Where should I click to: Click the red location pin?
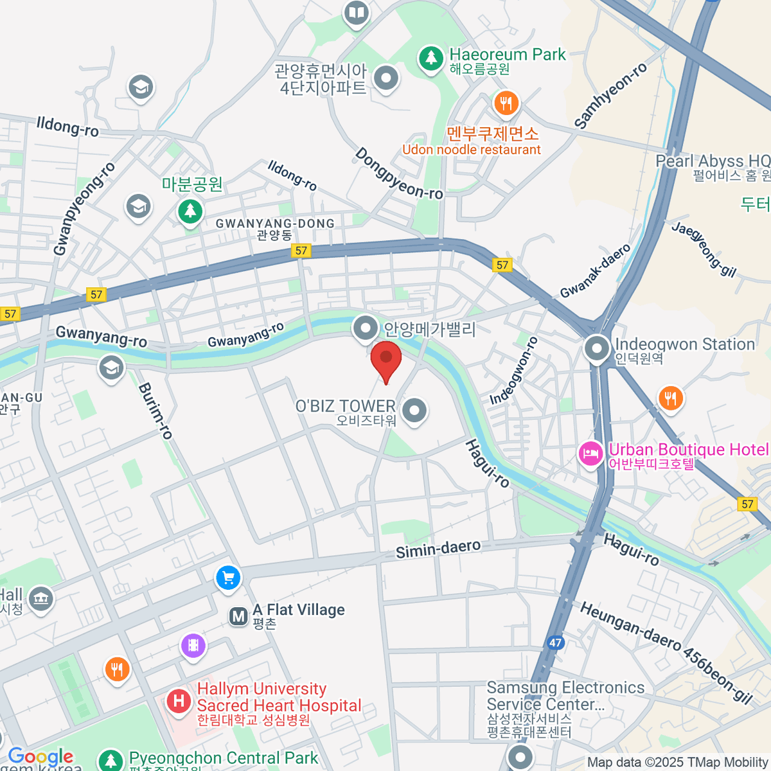pos(386,360)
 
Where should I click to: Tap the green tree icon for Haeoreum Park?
pos(431,58)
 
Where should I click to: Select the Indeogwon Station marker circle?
pos(597,349)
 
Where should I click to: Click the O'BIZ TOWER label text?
pos(346,406)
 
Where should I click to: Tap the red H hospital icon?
pos(179,700)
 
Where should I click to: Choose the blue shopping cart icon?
pos(228,578)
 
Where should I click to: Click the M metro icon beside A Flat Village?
pos(238,617)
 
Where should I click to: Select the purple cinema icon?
pos(193,645)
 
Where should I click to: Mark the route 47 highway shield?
pos(555,642)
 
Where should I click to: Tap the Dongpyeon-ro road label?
pos(398,174)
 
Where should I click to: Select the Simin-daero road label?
pos(438,549)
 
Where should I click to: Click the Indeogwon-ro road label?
pos(513,371)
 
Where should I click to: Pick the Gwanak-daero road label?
pos(595,271)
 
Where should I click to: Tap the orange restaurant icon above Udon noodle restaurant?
pos(506,103)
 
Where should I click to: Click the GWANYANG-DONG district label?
pos(275,224)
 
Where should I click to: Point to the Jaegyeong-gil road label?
pos(704,249)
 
